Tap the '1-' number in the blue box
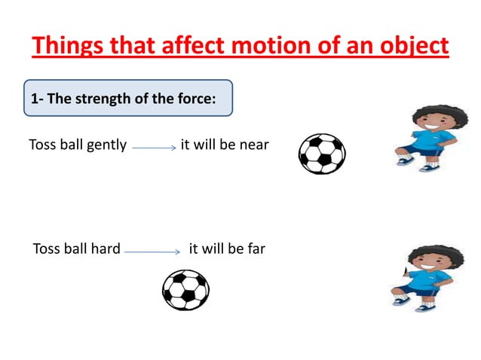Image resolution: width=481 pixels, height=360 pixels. click(37, 99)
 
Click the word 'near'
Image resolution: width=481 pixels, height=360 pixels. click(253, 145)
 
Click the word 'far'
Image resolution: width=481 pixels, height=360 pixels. click(255, 248)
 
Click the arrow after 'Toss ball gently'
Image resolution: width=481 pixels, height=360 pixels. click(154, 148)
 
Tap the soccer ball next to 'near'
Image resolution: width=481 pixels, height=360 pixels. click(322, 154)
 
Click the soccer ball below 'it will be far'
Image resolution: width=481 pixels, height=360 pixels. click(185, 290)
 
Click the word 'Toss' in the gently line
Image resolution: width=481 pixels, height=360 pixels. click(42, 145)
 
